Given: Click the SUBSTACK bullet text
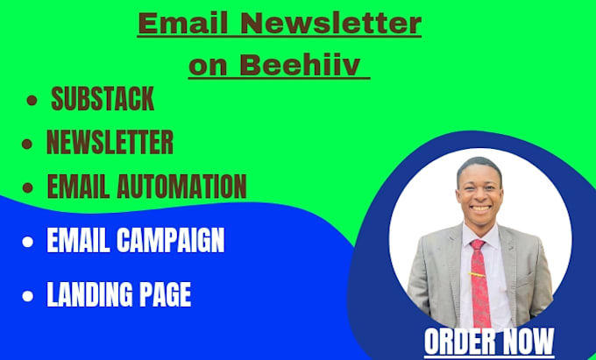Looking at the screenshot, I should point(103,99).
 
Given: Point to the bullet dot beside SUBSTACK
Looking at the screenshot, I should point(32,102).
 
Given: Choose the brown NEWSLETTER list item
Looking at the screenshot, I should point(110,142).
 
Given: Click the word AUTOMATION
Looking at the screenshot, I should point(183,186).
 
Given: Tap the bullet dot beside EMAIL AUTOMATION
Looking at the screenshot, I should point(29,187).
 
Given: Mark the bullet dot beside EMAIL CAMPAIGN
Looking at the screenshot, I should point(31,242).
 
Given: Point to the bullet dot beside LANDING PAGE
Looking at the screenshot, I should point(31,296).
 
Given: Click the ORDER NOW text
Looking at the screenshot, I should point(489,342).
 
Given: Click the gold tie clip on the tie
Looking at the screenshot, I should point(479,272).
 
